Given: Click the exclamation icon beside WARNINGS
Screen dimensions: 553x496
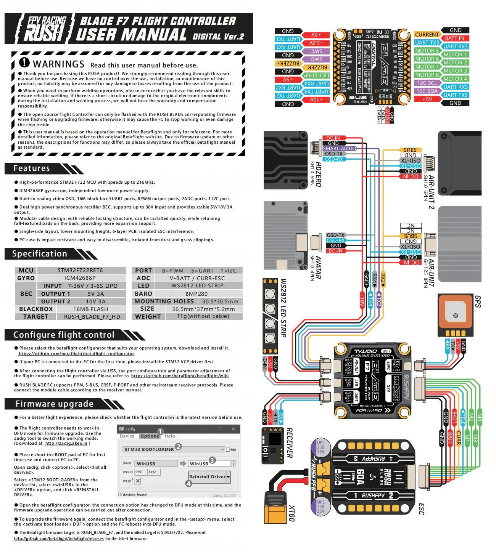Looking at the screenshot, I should tap(24, 63).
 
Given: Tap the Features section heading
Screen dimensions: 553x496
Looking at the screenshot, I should tap(32, 168).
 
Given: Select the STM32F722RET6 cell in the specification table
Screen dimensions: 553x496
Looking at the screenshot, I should tap(80, 271).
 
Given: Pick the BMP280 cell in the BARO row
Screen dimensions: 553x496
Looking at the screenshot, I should tap(196, 294).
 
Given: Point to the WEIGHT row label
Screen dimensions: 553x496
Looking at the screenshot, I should tap(148, 317).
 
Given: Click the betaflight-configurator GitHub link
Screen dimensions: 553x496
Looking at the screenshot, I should tap(76, 354).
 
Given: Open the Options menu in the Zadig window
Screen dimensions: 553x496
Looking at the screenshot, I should tap(149, 436).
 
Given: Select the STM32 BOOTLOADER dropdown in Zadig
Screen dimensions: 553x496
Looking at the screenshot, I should tap(174, 449).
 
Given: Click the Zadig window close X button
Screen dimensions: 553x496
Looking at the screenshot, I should tap(233, 429).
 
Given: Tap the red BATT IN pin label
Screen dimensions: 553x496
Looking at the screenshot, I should tap(454, 38).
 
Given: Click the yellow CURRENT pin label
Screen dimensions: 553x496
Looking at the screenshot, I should tap(427, 35).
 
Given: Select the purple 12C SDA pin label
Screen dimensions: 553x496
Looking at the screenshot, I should tap(427, 91).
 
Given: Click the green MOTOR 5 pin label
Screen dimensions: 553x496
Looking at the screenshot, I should tap(427, 51).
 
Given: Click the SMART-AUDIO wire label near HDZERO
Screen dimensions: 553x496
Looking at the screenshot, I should tap(339, 149).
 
